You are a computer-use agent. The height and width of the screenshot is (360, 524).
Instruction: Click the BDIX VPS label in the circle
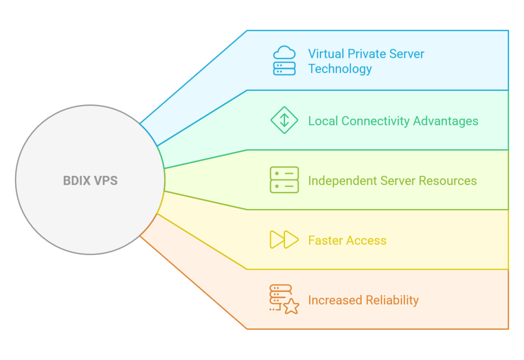90,181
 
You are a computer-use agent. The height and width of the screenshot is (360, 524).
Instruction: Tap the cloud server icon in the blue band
284,61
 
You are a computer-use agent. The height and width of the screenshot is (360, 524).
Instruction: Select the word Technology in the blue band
340,69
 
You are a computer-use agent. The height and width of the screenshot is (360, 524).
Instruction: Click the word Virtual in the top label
325,54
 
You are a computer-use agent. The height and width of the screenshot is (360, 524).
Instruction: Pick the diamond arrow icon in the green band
284,121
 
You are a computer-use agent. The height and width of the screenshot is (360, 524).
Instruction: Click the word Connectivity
376,121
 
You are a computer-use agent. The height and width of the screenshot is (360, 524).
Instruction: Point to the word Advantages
446,121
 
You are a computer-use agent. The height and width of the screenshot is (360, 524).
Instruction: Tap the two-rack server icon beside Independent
284,180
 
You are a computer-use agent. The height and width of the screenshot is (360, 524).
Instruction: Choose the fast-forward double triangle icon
284,240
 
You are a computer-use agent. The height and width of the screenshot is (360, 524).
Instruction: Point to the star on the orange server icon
291,307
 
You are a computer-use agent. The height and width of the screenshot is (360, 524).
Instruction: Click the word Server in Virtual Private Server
407,54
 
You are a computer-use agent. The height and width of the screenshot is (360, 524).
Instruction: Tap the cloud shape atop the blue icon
285,53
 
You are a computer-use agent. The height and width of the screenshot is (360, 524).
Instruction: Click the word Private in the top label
367,54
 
